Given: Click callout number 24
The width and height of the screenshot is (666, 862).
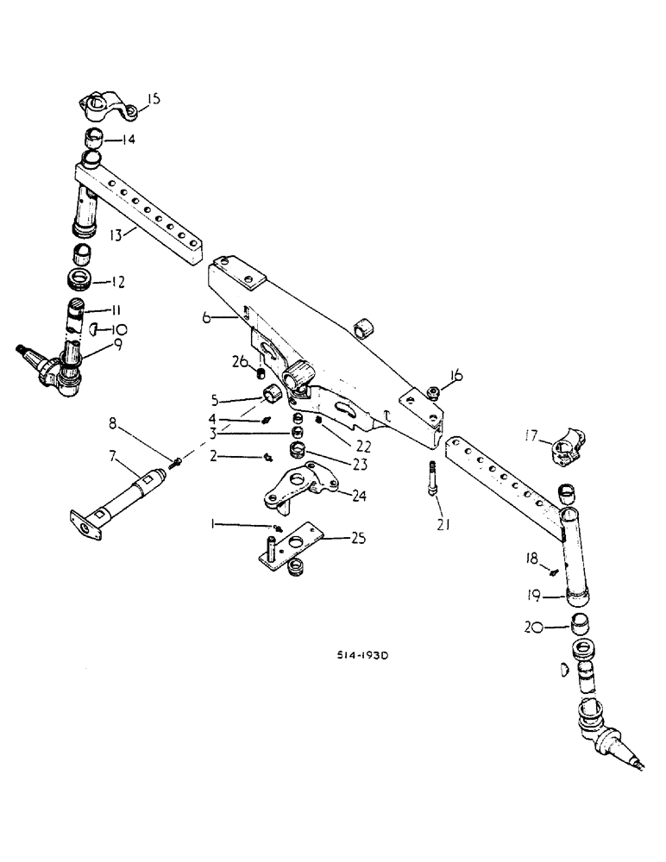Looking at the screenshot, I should tap(357, 495).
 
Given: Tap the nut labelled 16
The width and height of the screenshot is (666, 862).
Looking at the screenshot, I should tap(433, 393).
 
